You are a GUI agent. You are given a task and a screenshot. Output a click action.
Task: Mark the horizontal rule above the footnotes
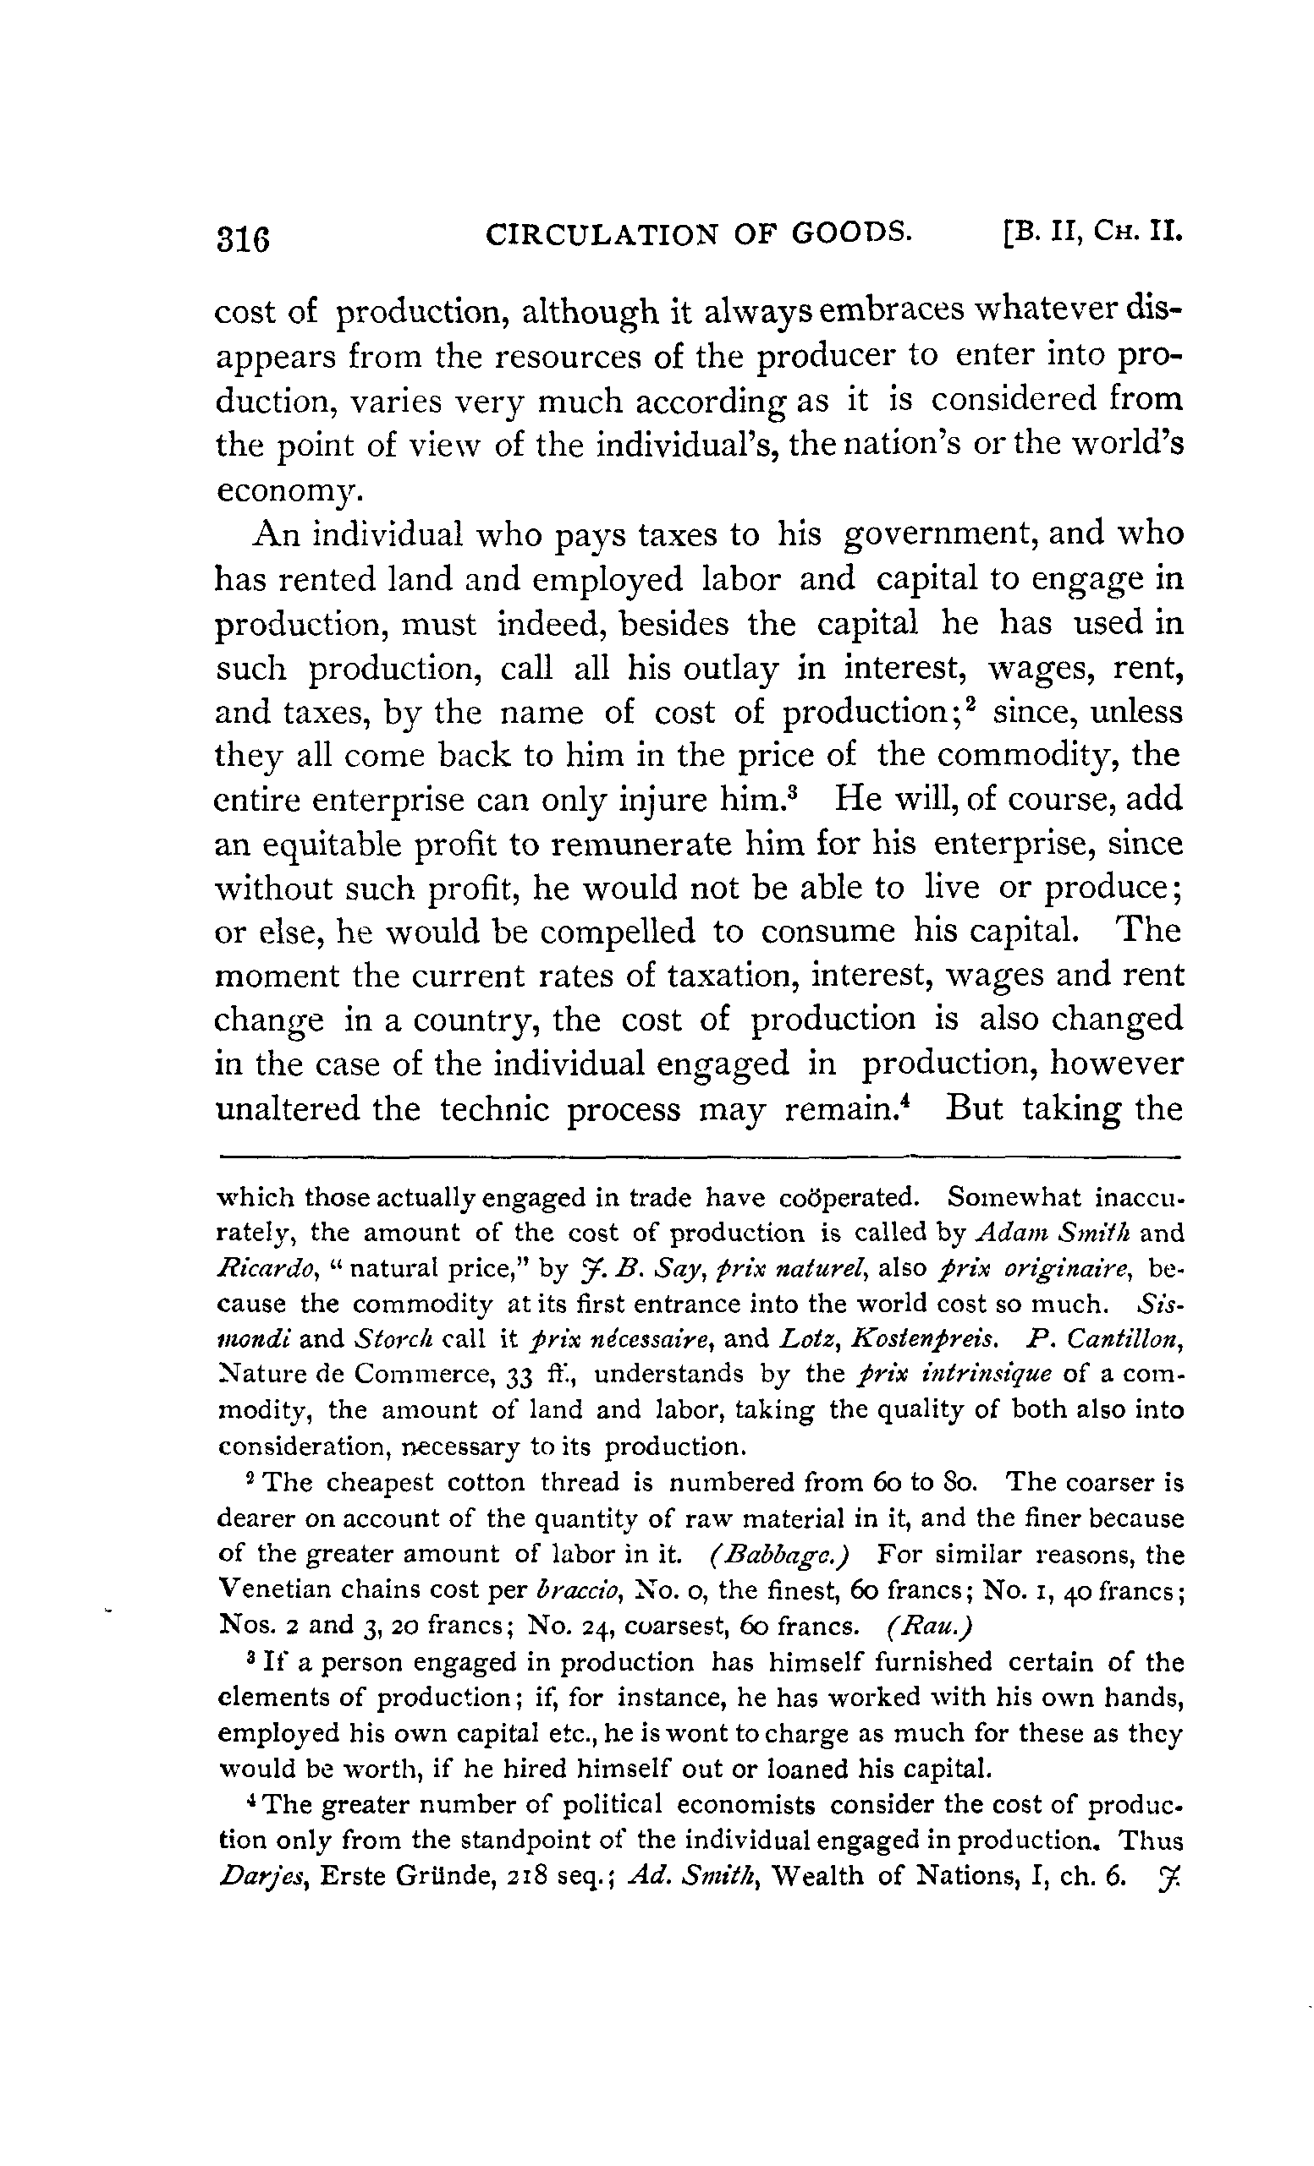coord(699,1157)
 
